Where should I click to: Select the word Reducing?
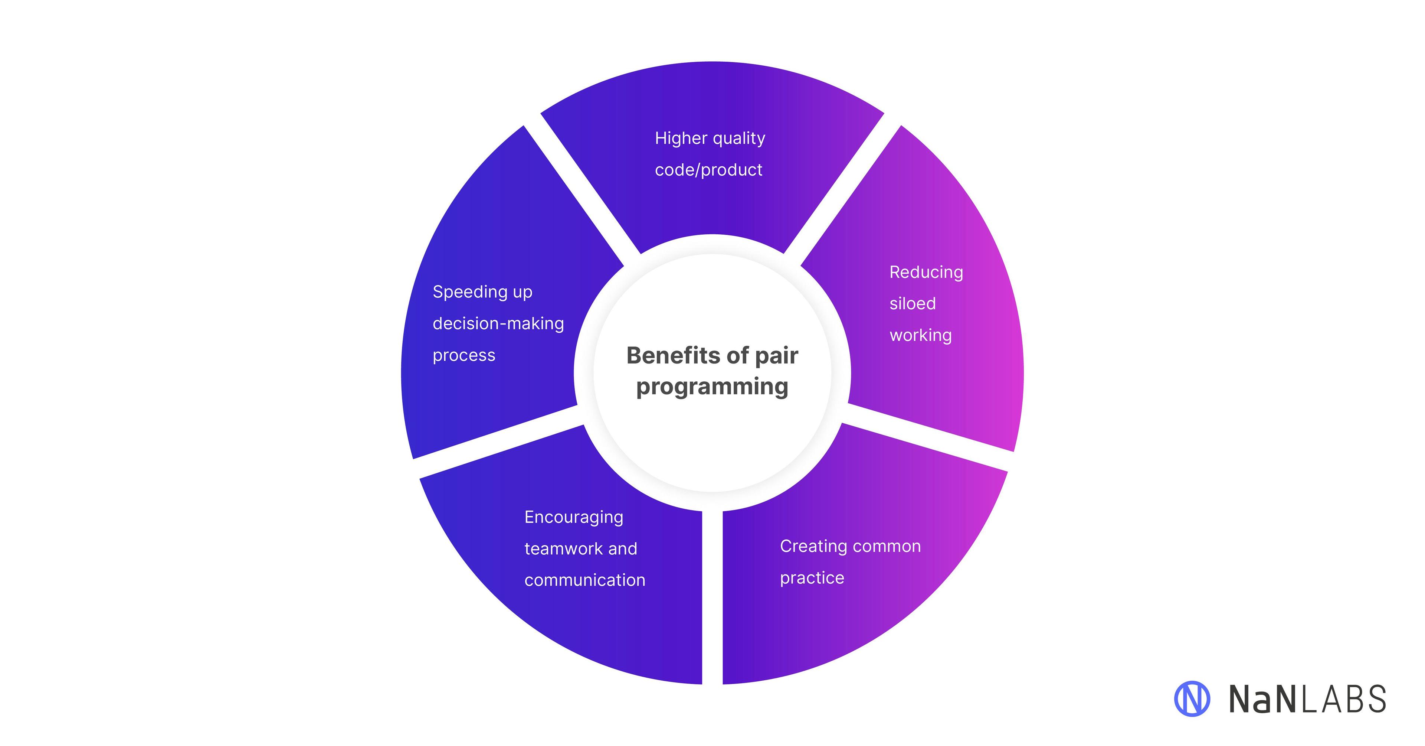tap(926, 272)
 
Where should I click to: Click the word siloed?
tap(912, 303)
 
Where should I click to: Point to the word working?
tap(920, 335)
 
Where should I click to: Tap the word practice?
tap(812, 578)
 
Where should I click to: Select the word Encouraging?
tap(574, 517)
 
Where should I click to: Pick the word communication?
tap(585, 580)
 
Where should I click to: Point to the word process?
tap(463, 355)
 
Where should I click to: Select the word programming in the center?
tap(712, 386)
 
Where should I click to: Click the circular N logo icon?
tap(1192, 698)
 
